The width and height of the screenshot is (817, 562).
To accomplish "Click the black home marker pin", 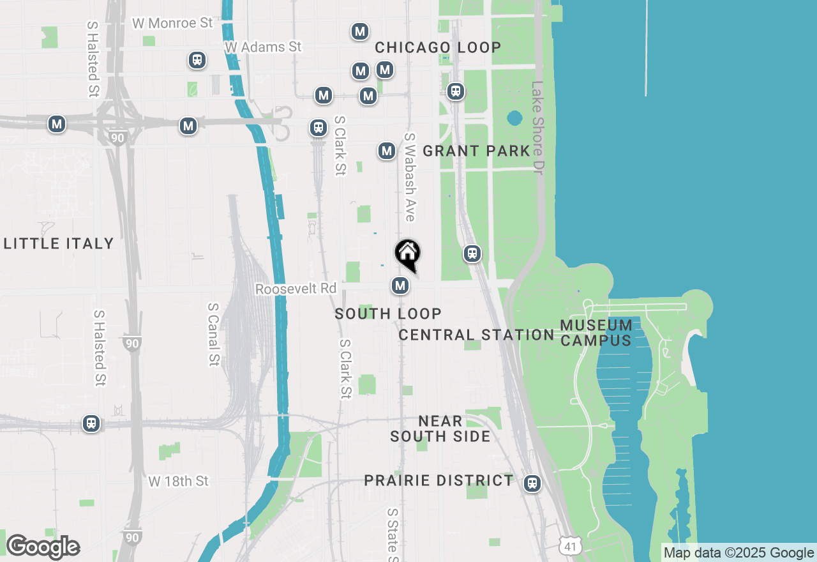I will coord(407,254).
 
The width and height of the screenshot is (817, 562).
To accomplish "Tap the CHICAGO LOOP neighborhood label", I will coord(438,48).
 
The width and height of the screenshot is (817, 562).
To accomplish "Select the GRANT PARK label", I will coord(476,151).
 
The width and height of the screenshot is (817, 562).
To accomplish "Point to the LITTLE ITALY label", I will coord(59,243).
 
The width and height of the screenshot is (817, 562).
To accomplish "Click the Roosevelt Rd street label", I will coord(296,289).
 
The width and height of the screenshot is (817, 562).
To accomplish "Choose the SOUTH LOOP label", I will coord(388,314).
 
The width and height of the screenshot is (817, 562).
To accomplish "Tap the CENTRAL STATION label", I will coord(476,335).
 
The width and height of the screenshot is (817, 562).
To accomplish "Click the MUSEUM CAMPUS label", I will coord(596,333).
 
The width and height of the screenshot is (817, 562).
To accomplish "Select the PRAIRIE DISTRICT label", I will coord(438,480).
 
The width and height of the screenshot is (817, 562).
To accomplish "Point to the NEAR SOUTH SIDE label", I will coord(440,429).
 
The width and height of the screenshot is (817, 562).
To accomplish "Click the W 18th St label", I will coord(178,481).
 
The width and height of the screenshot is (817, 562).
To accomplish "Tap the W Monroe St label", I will coord(172,23).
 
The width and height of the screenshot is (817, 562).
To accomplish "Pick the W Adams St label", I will coord(263,47).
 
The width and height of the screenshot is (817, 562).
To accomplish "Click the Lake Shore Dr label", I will coord(537,127).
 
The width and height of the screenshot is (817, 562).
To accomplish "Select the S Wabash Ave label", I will coord(410,177).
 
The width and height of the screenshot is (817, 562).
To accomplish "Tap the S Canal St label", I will coord(213,334).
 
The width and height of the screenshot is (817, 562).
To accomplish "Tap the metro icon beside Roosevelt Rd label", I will coord(400,285).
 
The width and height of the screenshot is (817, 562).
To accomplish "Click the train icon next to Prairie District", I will coord(532,483).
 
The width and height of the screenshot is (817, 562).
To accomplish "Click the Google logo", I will coord(43,547).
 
